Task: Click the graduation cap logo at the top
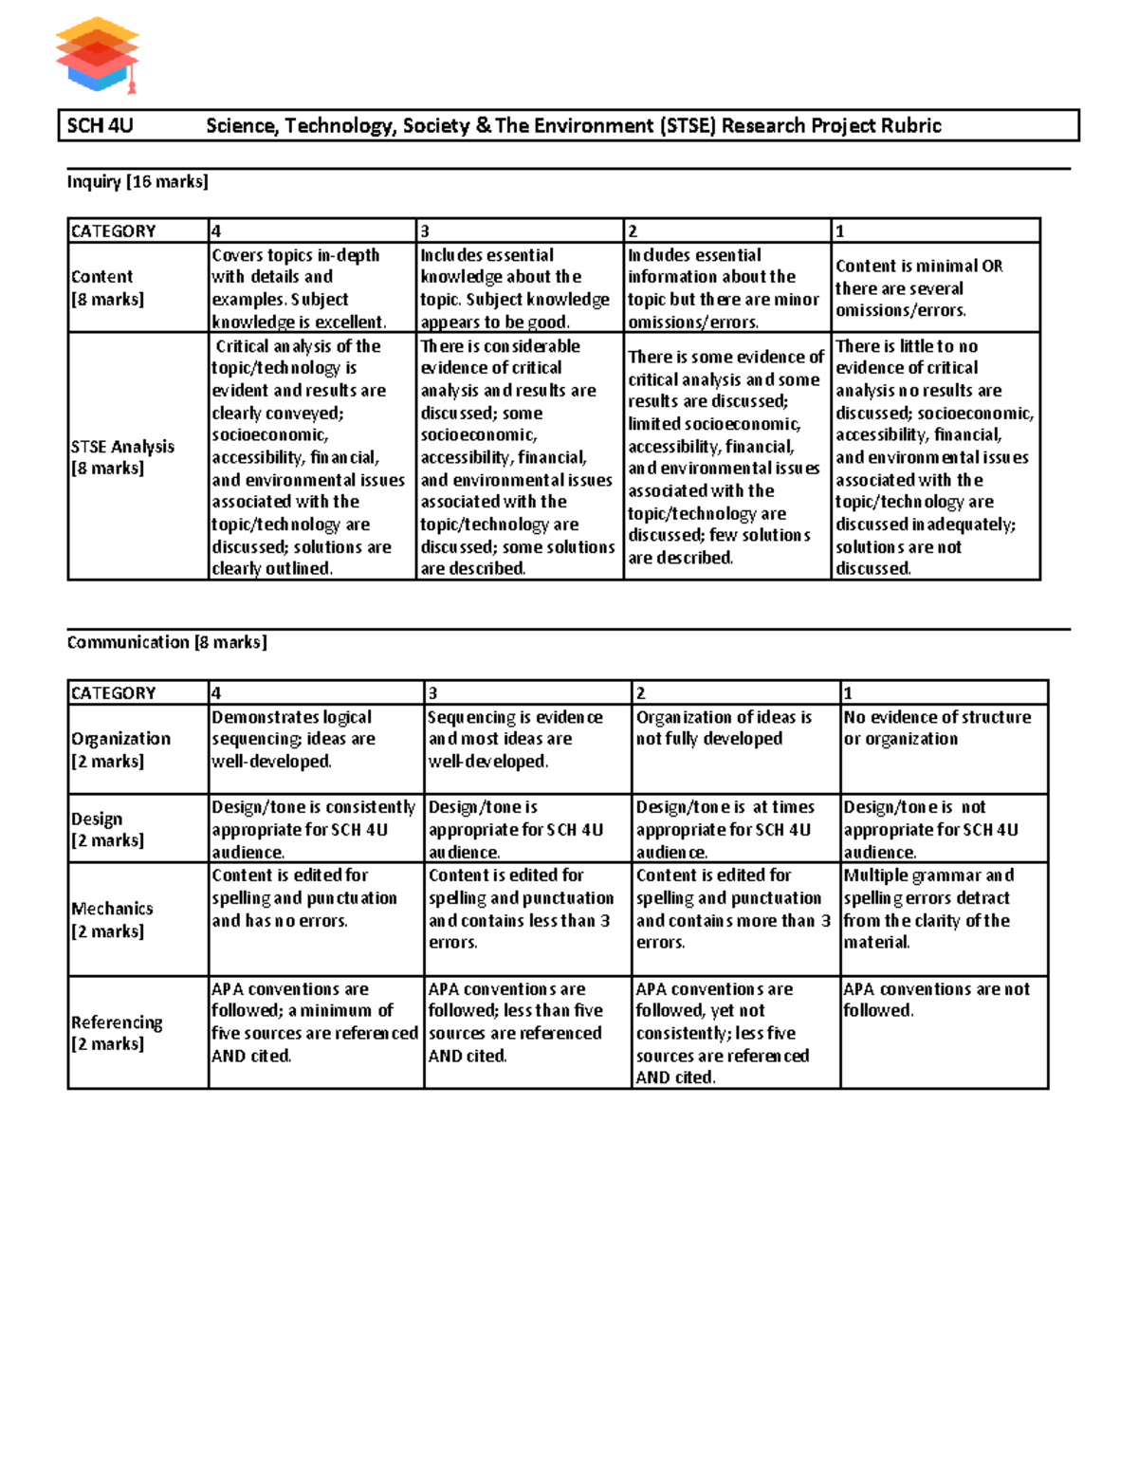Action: [x=98, y=55]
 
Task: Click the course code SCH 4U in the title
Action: [x=100, y=126]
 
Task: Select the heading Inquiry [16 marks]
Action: [x=138, y=181]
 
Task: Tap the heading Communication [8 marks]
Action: [x=167, y=642]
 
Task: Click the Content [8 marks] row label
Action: [x=107, y=287]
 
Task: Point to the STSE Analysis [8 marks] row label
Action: [x=122, y=456]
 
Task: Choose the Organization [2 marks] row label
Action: [x=120, y=749]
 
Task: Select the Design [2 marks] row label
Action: [x=107, y=829]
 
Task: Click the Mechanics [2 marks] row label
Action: [x=112, y=919]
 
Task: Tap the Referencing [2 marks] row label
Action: [x=117, y=1032]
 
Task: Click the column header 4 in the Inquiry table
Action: [x=216, y=231]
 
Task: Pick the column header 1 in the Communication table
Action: [x=848, y=693]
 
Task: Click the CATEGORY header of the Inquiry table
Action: [x=114, y=231]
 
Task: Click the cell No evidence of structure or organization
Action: [x=937, y=728]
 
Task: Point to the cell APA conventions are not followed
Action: [x=936, y=1000]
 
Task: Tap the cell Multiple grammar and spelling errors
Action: [x=927, y=909]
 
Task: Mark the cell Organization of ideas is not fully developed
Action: [x=724, y=728]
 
